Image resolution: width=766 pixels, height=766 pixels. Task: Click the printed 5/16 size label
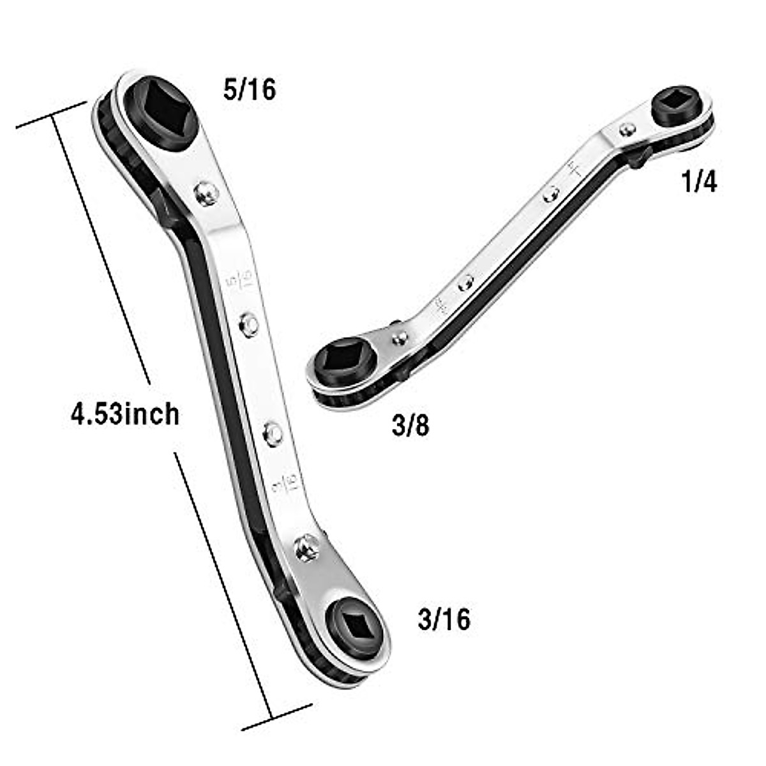[x=250, y=90]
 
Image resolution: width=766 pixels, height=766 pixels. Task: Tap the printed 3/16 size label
[x=444, y=619]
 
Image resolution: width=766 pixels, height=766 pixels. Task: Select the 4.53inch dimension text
[x=125, y=414]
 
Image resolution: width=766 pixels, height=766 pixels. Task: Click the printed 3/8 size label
[x=410, y=426]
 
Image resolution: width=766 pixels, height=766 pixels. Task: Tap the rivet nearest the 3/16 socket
[x=307, y=548]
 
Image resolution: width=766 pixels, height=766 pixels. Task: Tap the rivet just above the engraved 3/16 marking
[x=274, y=433]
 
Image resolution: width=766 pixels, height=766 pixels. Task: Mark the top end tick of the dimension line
[x=51, y=115]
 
